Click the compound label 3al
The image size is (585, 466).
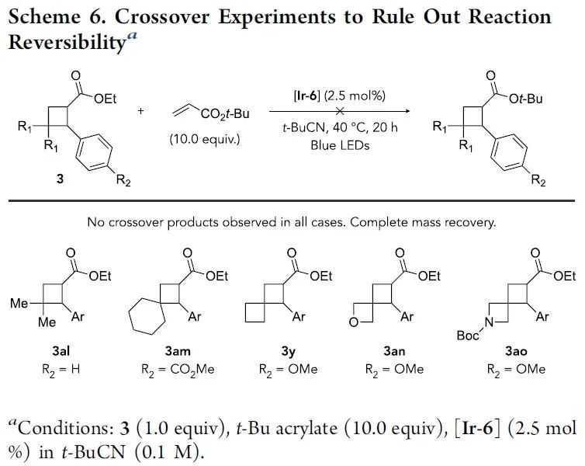click(57, 352)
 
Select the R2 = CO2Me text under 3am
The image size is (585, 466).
click(175, 369)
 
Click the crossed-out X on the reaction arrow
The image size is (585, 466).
click(337, 110)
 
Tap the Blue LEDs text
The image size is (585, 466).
click(337, 144)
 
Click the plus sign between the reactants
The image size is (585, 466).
click(140, 111)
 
